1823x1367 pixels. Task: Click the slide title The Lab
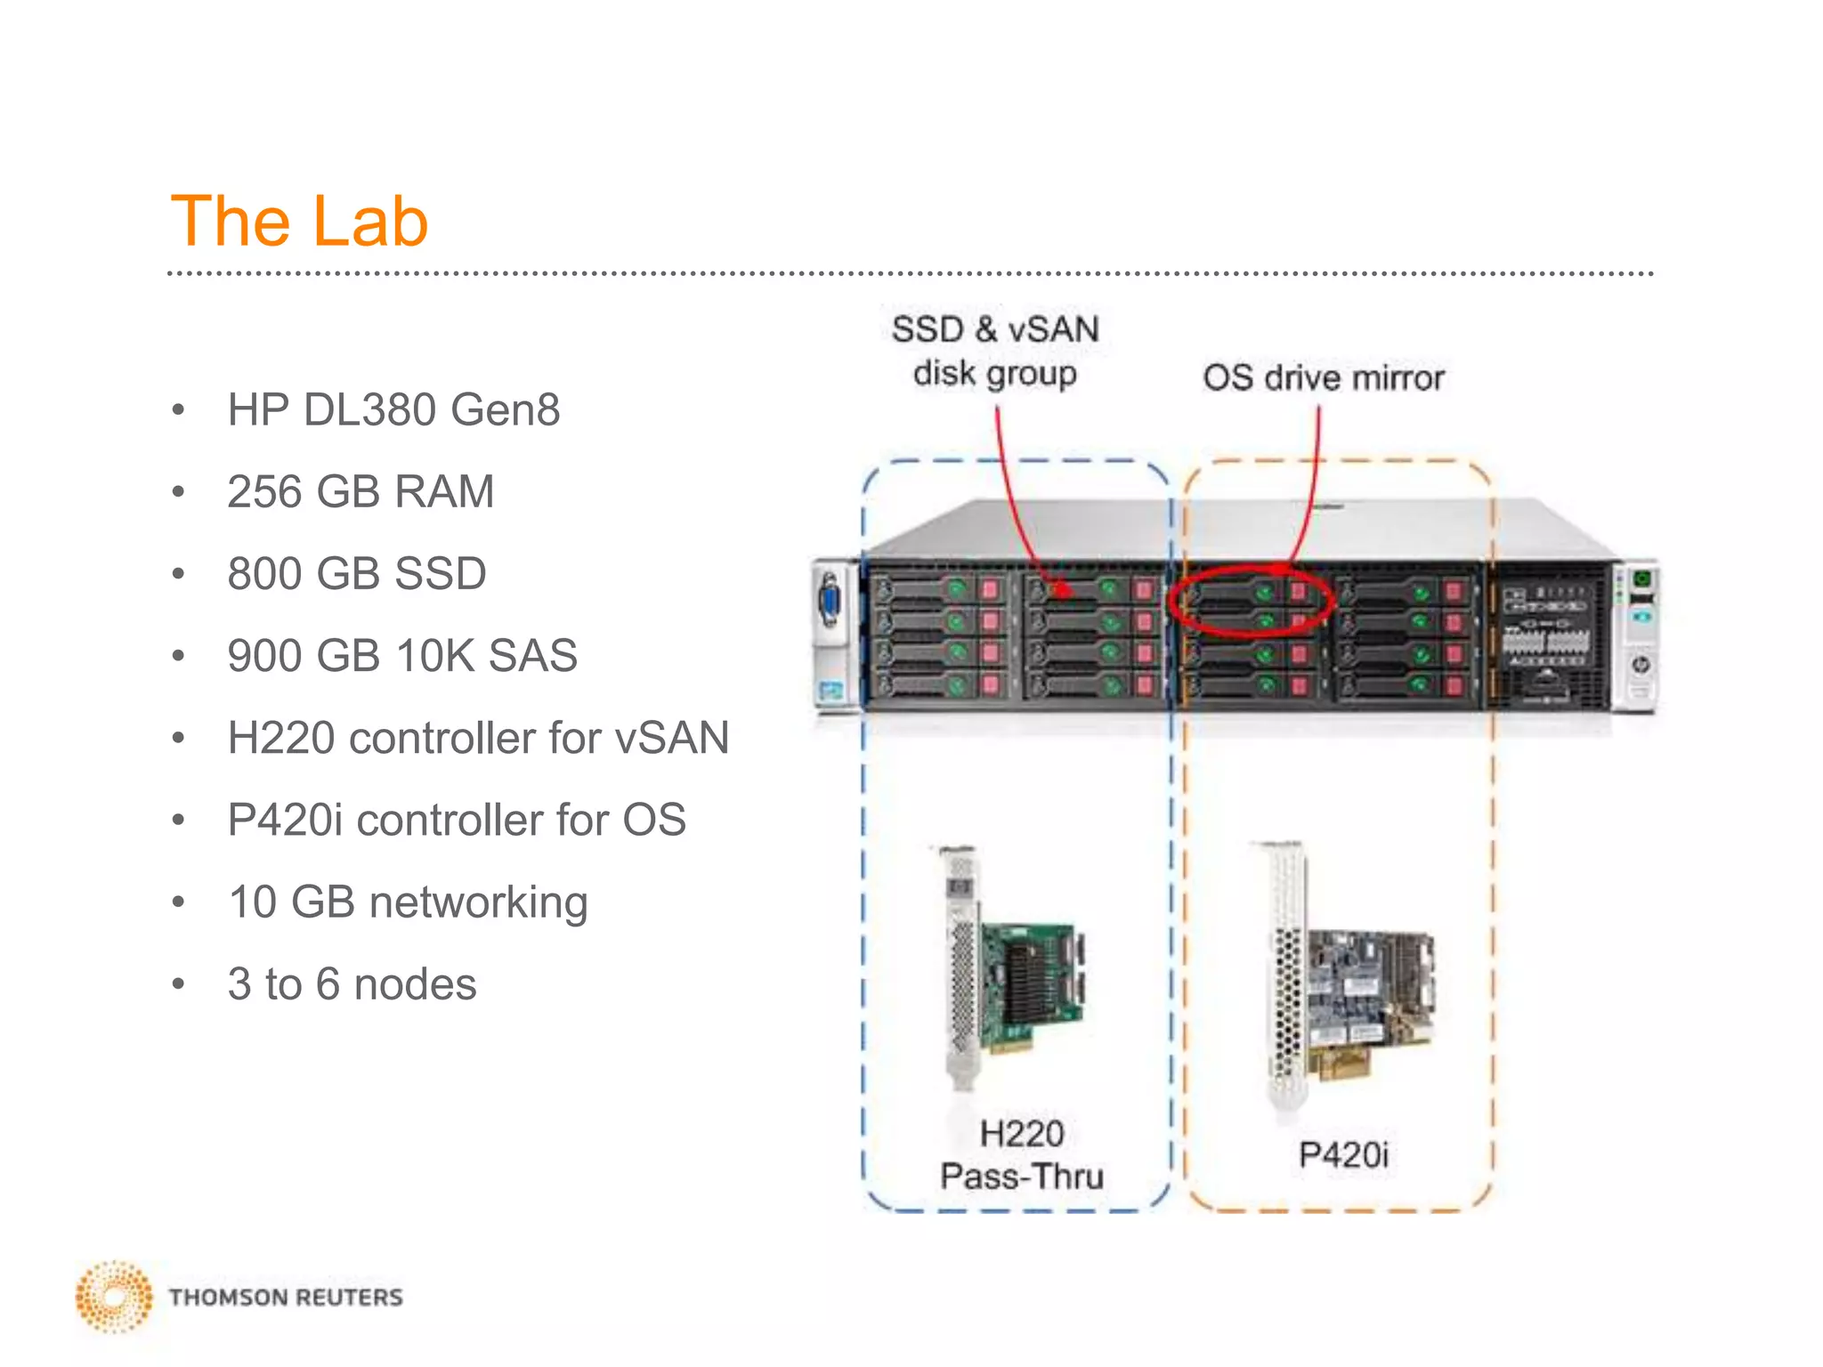(x=299, y=221)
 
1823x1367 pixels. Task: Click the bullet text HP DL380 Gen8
(x=393, y=410)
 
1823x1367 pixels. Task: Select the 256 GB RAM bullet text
(x=361, y=492)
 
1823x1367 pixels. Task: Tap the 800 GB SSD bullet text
(x=357, y=574)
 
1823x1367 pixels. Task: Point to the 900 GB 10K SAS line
(x=402, y=656)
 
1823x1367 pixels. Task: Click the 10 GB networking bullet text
(x=408, y=902)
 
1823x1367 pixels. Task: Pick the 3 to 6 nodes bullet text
(x=352, y=984)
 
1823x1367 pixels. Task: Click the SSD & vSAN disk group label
(x=995, y=352)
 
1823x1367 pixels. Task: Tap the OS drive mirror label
(x=1324, y=378)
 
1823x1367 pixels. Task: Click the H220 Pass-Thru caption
(x=1022, y=1155)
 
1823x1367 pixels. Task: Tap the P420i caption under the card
(x=1343, y=1155)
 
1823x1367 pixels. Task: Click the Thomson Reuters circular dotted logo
(x=114, y=1297)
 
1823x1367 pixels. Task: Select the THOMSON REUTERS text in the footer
(x=286, y=1298)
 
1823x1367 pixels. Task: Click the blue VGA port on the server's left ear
(x=830, y=603)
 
